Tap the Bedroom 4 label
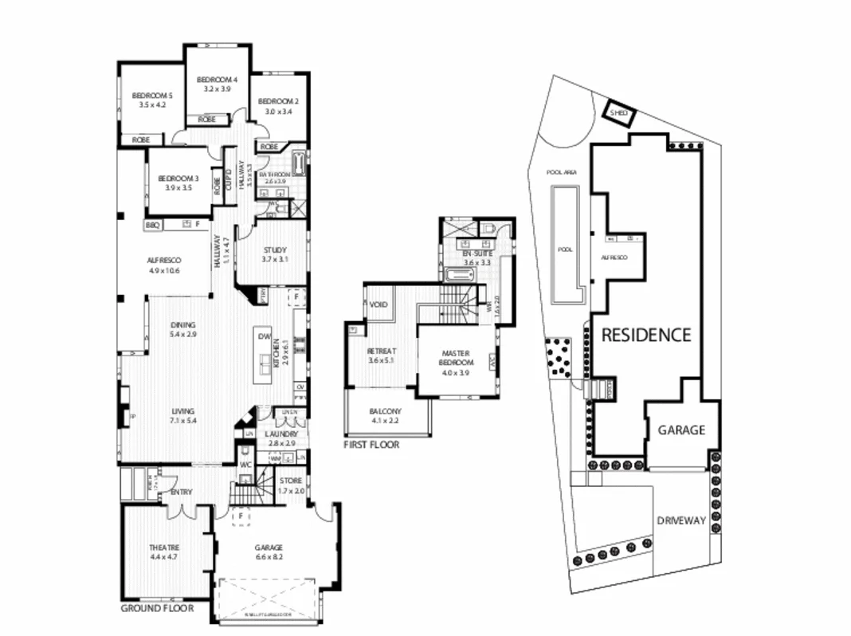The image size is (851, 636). [217, 80]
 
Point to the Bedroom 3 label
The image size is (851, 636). [178, 178]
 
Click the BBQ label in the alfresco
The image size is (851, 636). [152, 226]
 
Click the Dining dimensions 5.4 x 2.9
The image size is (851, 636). [182, 335]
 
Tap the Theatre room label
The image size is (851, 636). [164, 548]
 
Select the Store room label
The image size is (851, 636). [292, 481]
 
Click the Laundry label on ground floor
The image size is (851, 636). [282, 434]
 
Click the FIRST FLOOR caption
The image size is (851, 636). [371, 445]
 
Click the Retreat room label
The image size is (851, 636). [382, 351]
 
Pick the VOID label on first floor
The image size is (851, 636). [378, 305]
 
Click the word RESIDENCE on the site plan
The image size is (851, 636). [645, 336]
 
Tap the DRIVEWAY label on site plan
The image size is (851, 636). [681, 520]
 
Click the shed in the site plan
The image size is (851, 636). [618, 113]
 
